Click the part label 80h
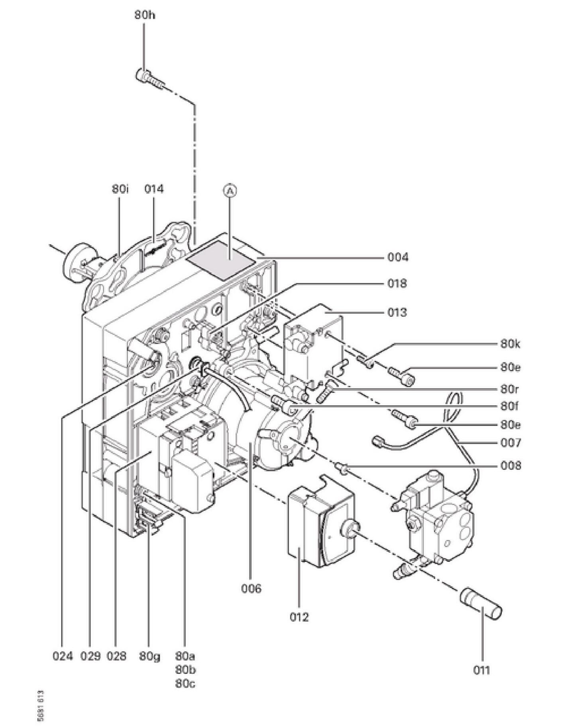pyautogui.click(x=144, y=16)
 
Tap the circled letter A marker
pyautogui.click(x=230, y=191)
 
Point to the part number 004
pyautogui.click(x=398, y=257)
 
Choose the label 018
pyautogui.click(x=397, y=284)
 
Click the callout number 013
pyautogui.click(x=397, y=312)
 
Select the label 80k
pyautogui.click(x=510, y=343)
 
